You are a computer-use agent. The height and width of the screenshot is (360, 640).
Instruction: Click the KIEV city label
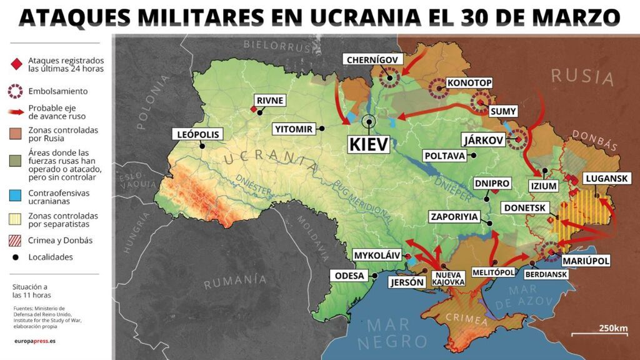pos(369,144)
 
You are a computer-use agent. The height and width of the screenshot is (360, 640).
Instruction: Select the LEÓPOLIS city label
pos(199,134)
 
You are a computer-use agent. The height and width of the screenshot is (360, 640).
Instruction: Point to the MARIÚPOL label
pos(584,261)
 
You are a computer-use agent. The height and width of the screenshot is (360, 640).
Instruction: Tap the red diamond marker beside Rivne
pos(253,109)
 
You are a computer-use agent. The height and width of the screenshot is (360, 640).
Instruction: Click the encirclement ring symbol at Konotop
pos(438,89)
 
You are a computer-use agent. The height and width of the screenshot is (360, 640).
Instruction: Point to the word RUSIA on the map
pos(582,77)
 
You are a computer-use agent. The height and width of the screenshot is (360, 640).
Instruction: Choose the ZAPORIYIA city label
pos(454,217)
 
